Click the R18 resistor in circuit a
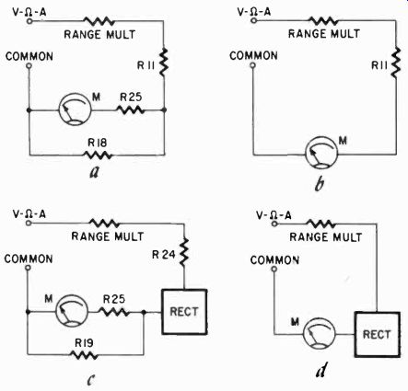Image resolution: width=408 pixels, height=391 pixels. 98,155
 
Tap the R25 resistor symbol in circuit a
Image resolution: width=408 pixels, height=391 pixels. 130,109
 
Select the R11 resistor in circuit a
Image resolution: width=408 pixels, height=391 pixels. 164,63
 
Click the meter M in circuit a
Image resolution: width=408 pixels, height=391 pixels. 75,109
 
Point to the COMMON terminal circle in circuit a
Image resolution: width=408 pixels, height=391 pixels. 29,66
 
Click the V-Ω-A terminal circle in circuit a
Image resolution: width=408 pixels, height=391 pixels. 29,21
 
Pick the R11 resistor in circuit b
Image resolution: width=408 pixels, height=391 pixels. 396,63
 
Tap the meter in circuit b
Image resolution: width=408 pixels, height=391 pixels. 321,153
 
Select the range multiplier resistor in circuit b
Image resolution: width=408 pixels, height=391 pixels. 323,21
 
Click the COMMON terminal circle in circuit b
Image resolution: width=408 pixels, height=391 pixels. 252,65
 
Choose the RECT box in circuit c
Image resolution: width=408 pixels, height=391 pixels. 184,312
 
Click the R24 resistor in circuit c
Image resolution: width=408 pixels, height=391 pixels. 184,251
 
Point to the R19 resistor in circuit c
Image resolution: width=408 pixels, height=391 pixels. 84,355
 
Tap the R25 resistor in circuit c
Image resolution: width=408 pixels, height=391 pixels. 113,312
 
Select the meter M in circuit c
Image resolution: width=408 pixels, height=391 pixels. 72,311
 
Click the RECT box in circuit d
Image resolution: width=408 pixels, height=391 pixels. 377,334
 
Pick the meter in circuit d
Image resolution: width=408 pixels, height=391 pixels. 319,334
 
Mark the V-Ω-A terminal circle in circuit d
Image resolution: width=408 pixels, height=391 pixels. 274,224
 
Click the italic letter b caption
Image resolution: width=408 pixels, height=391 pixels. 320,184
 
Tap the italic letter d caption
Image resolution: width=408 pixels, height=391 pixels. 321,370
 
